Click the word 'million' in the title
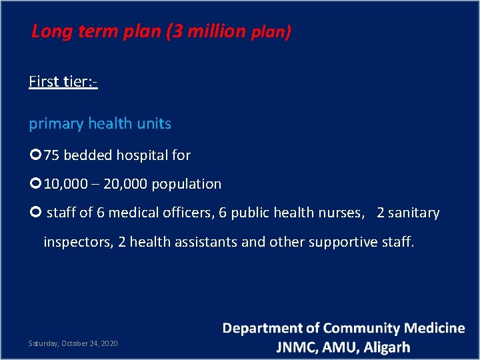tap(215, 31)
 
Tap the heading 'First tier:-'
tap(63, 82)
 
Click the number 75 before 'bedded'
tap(51, 155)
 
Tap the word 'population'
tap(187, 184)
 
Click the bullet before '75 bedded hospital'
tap(35, 155)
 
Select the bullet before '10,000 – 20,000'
tap(35, 183)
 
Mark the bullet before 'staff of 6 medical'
tap(35, 213)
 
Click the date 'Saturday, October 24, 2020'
tap(73, 343)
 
